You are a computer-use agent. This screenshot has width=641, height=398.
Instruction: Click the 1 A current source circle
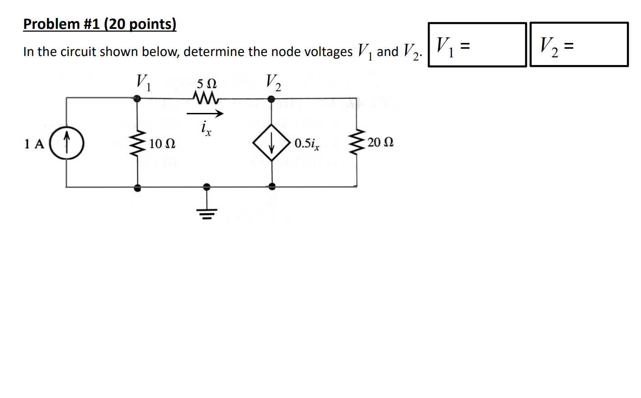coord(66,143)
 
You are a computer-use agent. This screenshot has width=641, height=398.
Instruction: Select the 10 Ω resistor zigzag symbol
coord(137,143)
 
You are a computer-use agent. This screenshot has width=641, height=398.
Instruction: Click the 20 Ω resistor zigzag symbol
coord(357,142)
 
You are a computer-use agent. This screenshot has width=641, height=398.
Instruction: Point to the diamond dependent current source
coord(271,143)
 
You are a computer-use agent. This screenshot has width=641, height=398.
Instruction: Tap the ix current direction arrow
coord(205,113)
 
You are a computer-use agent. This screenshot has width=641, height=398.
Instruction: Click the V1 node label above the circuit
coord(143,82)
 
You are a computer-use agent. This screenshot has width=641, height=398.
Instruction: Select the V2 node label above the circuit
coord(273,82)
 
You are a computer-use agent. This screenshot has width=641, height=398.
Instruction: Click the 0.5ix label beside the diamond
coord(307,144)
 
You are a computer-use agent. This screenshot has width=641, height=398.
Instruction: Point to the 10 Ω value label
coord(162,144)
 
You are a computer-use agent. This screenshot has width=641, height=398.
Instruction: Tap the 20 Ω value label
coord(380,142)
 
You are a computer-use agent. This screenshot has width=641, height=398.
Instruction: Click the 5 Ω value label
coord(206,84)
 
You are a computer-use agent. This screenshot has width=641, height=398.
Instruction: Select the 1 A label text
coord(34,144)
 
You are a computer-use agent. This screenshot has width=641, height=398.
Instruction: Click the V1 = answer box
coord(477,45)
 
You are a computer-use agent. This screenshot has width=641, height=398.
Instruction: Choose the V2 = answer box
coord(579,45)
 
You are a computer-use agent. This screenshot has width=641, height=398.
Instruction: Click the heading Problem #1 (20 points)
coord(100,24)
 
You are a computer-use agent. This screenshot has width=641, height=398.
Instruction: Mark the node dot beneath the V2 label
coord(271,99)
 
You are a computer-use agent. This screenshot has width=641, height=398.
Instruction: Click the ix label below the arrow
coord(206,128)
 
